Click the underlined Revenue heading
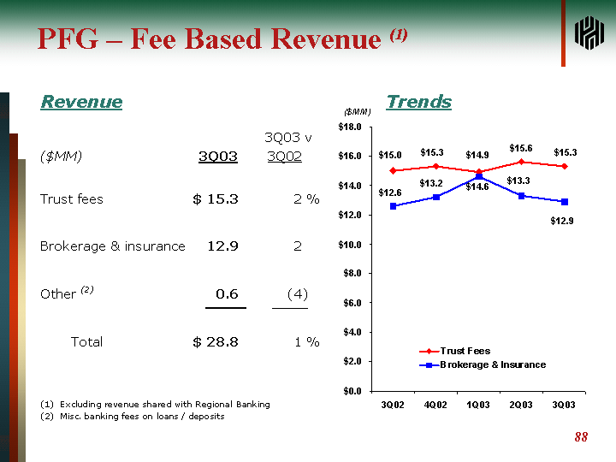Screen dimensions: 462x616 pos(81,102)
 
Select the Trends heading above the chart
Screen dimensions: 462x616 pos(418,102)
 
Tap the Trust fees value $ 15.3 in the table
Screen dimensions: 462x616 pos(216,199)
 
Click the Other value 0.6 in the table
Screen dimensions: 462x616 pos(227,293)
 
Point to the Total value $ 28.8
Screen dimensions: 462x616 pos(216,342)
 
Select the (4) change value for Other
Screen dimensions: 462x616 pos(297,293)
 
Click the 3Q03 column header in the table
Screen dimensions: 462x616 pos(217,157)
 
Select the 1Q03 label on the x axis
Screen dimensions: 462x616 pos(478,404)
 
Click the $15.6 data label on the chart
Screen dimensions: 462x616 pos(520,148)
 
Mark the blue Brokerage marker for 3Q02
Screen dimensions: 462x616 pos(393,206)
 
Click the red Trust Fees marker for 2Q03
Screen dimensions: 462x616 pos(521,162)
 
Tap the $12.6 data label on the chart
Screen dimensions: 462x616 pos(390,192)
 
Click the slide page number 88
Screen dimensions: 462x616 pos(581,437)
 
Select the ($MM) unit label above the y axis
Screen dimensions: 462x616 pos(357,112)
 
